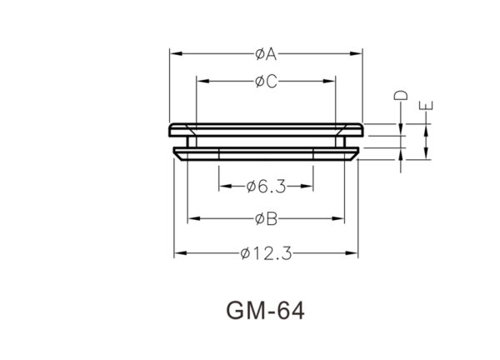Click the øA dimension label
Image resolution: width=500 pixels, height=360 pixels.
266,54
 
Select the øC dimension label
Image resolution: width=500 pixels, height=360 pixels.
267,82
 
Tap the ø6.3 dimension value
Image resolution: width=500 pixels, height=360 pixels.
267,187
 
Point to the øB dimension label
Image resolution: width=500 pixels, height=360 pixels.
267,219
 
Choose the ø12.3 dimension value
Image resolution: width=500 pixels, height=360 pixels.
267,254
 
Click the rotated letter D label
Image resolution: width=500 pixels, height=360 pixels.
401,95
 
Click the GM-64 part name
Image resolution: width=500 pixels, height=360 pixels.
265,311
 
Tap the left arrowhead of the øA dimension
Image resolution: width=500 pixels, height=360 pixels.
177,53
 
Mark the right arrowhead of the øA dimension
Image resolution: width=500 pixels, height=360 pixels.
356,53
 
